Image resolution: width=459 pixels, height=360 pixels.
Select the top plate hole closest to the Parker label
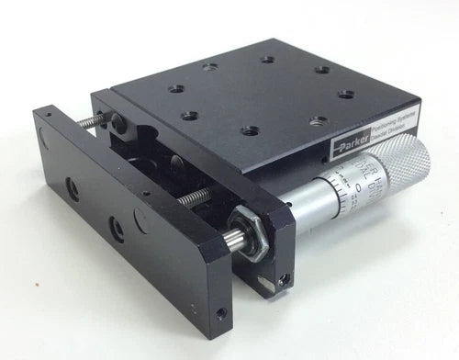pos(315,120)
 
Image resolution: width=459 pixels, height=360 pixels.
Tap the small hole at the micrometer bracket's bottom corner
pos(286,276)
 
